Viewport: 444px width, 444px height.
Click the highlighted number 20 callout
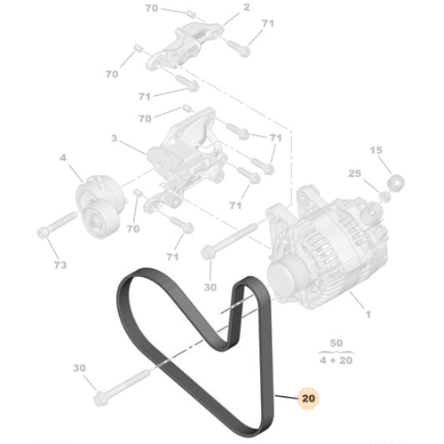[x=308, y=400]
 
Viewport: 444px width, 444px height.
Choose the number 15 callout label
[x=377, y=152]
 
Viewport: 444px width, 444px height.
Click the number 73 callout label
[x=59, y=265]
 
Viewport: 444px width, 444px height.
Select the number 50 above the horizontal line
[x=337, y=343]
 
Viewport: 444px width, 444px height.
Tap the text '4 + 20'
[x=337, y=360]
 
